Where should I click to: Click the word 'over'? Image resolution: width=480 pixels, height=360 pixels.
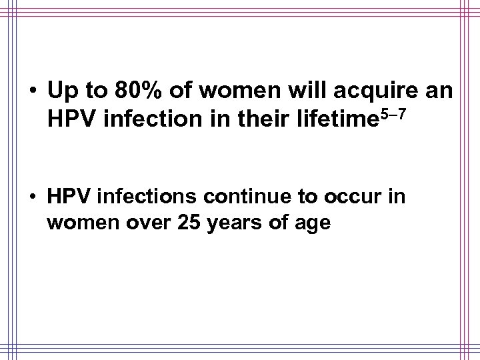(142, 223)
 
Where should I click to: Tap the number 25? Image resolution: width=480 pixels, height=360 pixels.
(189, 223)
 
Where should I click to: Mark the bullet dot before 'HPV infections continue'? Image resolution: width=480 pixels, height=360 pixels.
(31, 197)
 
